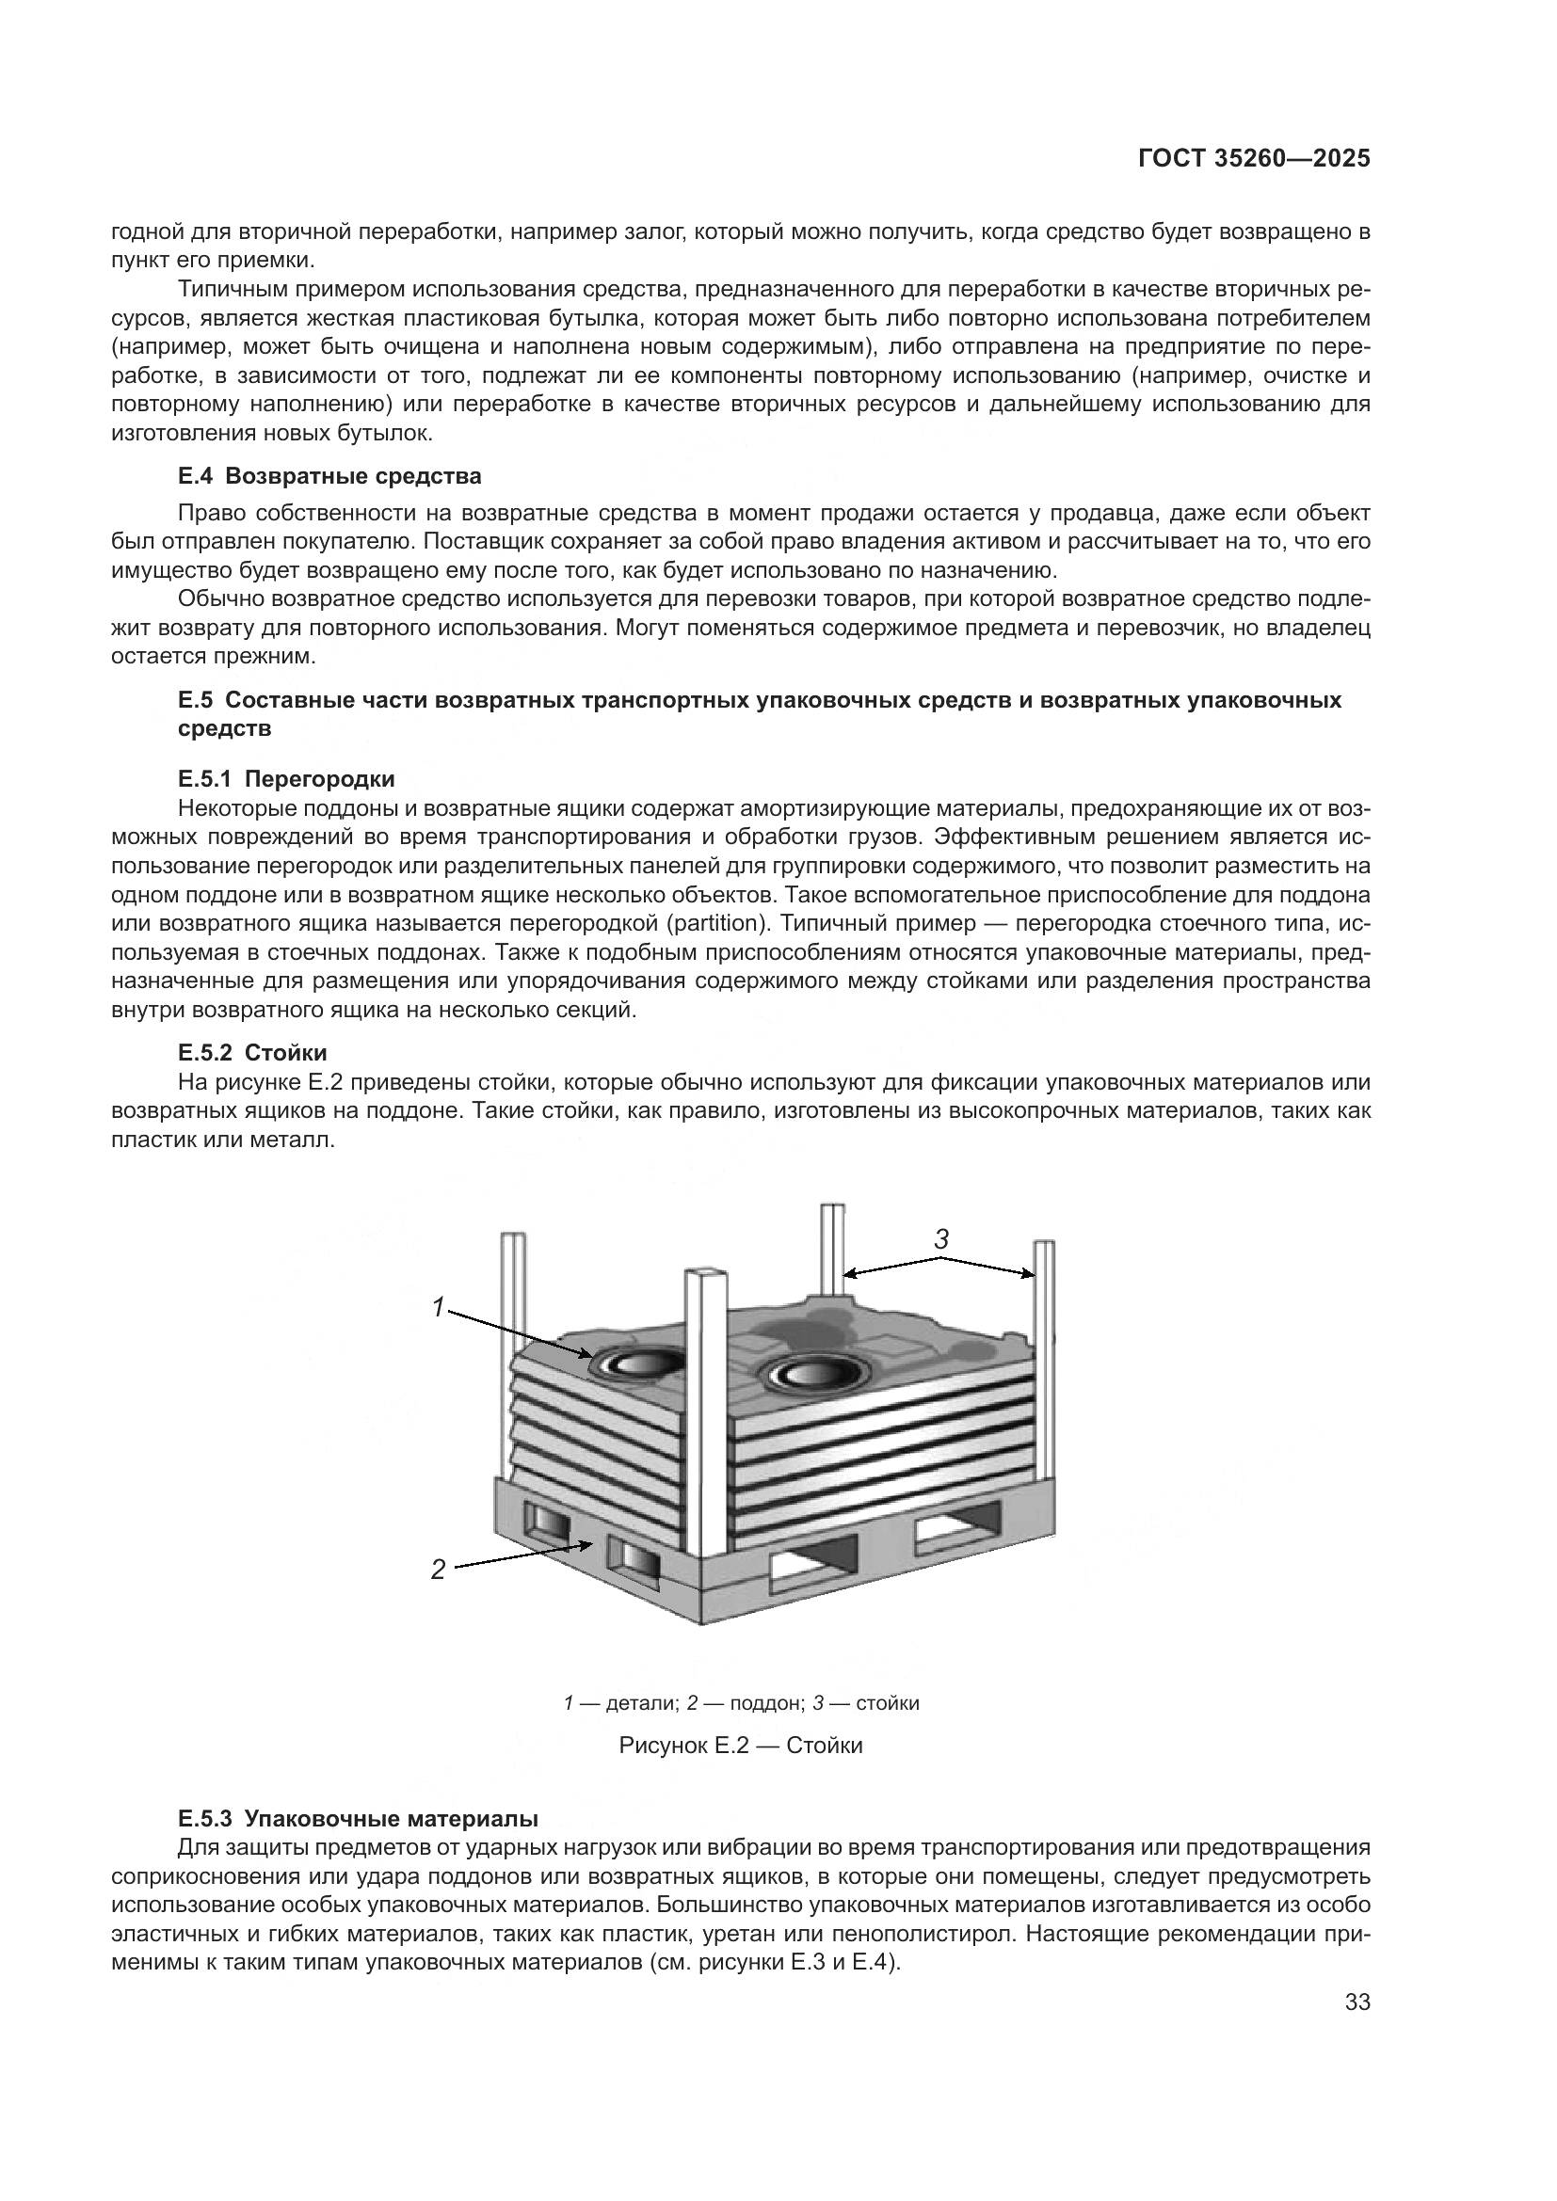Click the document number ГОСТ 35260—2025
[x=1254, y=159]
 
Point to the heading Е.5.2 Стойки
[x=252, y=1053]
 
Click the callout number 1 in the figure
[x=437, y=1307]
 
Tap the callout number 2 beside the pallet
[x=437, y=1570]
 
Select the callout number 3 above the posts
[x=941, y=1238]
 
